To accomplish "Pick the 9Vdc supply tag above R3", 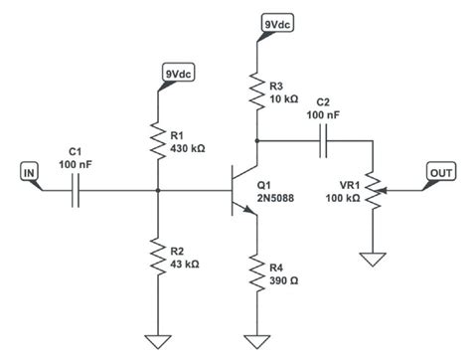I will pyautogui.click(x=274, y=23).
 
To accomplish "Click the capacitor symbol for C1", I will pyautogui.click(x=77, y=188).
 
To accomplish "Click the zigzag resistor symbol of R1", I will pyautogui.click(x=158, y=139).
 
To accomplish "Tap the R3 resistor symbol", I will pyautogui.click(x=257, y=91).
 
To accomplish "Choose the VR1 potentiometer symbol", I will pyautogui.click(x=373, y=189).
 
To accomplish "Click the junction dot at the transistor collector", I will pyautogui.click(x=257, y=140).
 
